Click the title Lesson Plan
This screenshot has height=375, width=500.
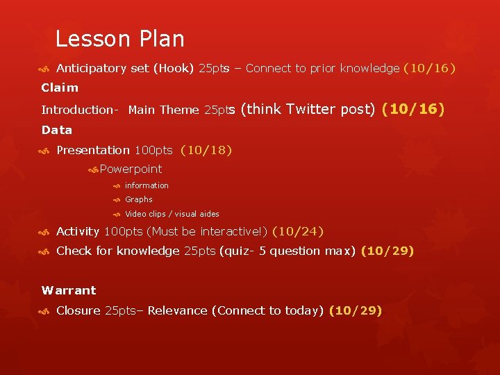(119, 39)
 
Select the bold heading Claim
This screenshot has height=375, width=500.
(60, 88)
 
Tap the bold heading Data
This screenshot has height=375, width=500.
(57, 130)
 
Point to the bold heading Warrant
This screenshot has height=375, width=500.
(69, 290)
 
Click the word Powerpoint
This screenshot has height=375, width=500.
(131, 169)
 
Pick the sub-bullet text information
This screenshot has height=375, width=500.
(147, 185)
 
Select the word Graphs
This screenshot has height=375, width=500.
(139, 199)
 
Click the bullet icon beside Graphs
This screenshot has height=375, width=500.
(117, 200)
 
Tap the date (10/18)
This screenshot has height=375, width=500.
(206, 150)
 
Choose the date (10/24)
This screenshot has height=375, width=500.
(298, 232)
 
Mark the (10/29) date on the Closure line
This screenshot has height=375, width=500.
(355, 310)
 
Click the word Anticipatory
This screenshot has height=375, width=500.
(91, 68)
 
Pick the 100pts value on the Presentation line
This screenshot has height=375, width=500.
(153, 150)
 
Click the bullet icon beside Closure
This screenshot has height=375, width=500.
(44, 311)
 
